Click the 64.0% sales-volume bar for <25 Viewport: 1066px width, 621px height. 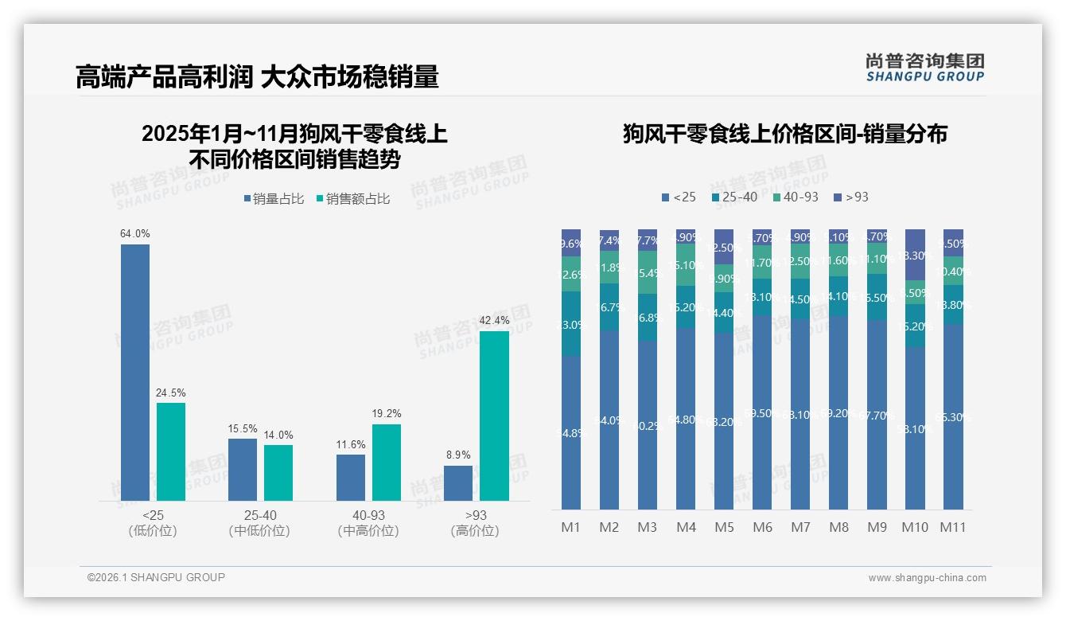pyautogui.click(x=135, y=373)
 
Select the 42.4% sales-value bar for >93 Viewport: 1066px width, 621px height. pyautogui.click(x=494, y=416)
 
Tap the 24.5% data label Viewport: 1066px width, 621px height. pyautogui.click(x=171, y=393)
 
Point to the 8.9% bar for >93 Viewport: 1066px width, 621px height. pyautogui.click(x=458, y=483)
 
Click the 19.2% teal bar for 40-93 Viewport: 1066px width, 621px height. pyautogui.click(x=387, y=463)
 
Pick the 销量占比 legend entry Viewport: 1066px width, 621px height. pyautogui.click(x=273, y=199)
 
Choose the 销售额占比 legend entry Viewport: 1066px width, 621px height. pyautogui.click(x=353, y=199)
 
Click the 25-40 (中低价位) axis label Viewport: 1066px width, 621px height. pyautogui.click(x=259, y=523)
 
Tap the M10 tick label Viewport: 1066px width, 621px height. pyautogui.click(x=915, y=527)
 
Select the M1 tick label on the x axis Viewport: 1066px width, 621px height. pyautogui.click(x=571, y=527)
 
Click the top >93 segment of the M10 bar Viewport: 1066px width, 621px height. pyautogui.click(x=916, y=254)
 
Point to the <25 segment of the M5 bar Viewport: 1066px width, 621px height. pyautogui.click(x=724, y=420)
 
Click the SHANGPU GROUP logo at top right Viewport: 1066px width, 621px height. pyautogui.click(x=925, y=67)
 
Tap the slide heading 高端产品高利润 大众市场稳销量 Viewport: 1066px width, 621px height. pyautogui.click(x=257, y=77)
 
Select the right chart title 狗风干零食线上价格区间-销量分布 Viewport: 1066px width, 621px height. pyautogui.click(x=784, y=134)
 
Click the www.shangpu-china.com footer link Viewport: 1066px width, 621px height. pyautogui.click(x=927, y=578)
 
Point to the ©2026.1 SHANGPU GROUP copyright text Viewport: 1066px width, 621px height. pyautogui.click(x=156, y=577)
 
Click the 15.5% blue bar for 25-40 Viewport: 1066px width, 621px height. pyautogui.click(x=243, y=470)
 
